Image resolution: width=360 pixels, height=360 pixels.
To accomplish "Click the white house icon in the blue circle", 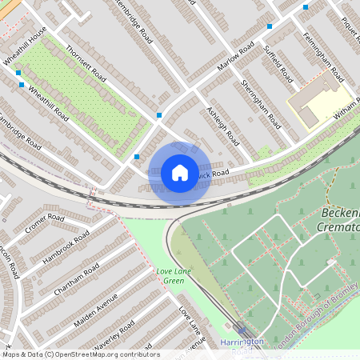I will click(x=180, y=173).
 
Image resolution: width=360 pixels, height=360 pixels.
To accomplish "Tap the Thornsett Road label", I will click(x=86, y=62).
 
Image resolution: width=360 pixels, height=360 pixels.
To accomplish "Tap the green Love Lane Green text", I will click(x=174, y=276).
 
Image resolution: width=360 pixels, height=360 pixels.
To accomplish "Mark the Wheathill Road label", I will click(x=49, y=102).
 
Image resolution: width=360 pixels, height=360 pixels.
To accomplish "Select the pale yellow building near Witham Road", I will click(x=314, y=106).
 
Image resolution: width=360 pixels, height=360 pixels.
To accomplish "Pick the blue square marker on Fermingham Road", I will click(x=306, y=7).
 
